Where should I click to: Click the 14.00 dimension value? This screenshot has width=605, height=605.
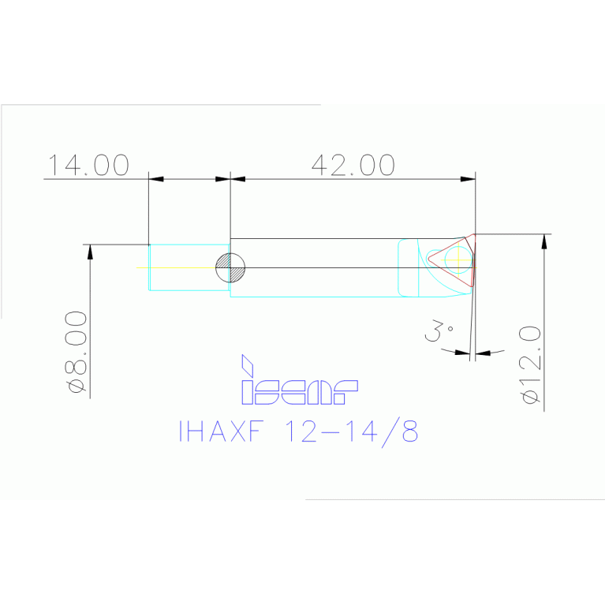coord(88,165)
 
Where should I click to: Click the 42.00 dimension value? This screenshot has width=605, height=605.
coord(353,165)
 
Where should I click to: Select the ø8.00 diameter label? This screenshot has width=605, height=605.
coord(77,352)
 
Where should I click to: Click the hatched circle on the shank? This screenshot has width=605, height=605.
coord(230,268)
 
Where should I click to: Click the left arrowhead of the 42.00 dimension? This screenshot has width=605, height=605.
coord(237,179)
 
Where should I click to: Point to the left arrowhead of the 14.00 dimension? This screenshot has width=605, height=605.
coord(156,179)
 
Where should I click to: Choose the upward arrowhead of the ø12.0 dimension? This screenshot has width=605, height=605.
coord(543,241)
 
